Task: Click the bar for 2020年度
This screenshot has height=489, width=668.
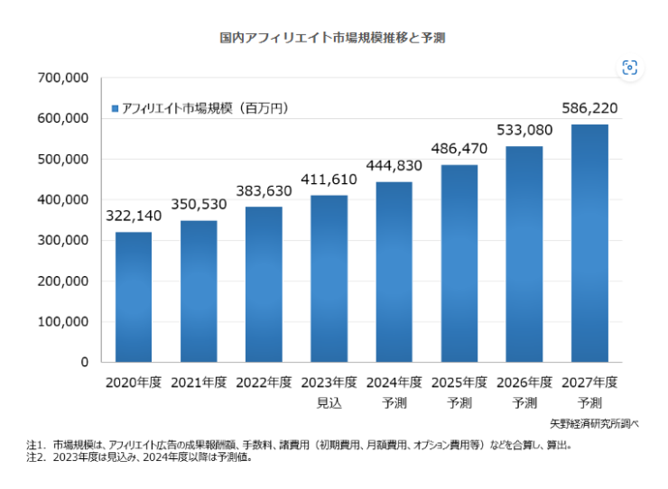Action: pyautogui.click(x=133, y=297)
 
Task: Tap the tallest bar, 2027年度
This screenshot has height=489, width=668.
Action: pyautogui.click(x=589, y=243)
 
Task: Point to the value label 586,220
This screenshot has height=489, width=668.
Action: pyautogui.click(x=589, y=109)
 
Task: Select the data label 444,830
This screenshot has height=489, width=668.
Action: pyautogui.click(x=394, y=165)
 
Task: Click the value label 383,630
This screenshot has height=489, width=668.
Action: pyautogui.click(x=264, y=191)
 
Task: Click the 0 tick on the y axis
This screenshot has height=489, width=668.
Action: pyautogui.click(x=83, y=363)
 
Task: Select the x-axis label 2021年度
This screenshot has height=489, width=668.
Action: pyautogui.click(x=199, y=382)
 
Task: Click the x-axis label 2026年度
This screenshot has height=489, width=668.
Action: pyautogui.click(x=524, y=382)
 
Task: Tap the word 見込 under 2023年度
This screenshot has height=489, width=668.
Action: pyautogui.click(x=329, y=401)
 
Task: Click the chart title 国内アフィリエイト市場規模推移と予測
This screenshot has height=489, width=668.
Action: pyautogui.click(x=333, y=39)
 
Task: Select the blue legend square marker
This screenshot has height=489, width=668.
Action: pyautogui.click(x=115, y=108)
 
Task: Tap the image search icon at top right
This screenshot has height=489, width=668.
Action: pyautogui.click(x=629, y=68)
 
